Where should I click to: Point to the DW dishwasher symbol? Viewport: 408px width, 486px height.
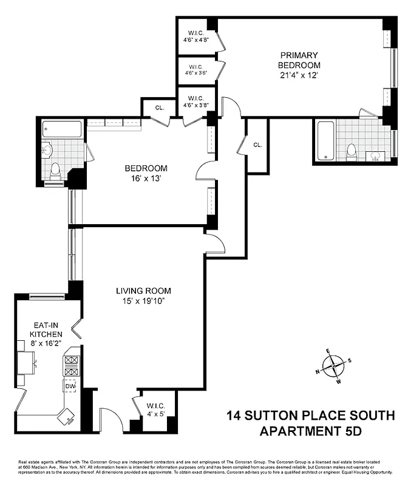click(70, 385)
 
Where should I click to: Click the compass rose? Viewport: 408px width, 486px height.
click(333, 367)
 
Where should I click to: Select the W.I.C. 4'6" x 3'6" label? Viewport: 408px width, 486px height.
click(195, 70)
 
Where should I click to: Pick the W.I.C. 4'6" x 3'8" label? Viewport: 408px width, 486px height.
click(195, 101)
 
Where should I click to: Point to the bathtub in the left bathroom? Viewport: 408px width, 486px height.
click(62, 129)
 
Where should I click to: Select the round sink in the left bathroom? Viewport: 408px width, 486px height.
click(47, 149)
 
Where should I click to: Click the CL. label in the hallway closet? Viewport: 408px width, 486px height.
click(257, 145)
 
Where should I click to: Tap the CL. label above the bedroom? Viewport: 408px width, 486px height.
click(160, 108)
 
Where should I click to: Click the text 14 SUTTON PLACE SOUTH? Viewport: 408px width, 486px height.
click(310, 417)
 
